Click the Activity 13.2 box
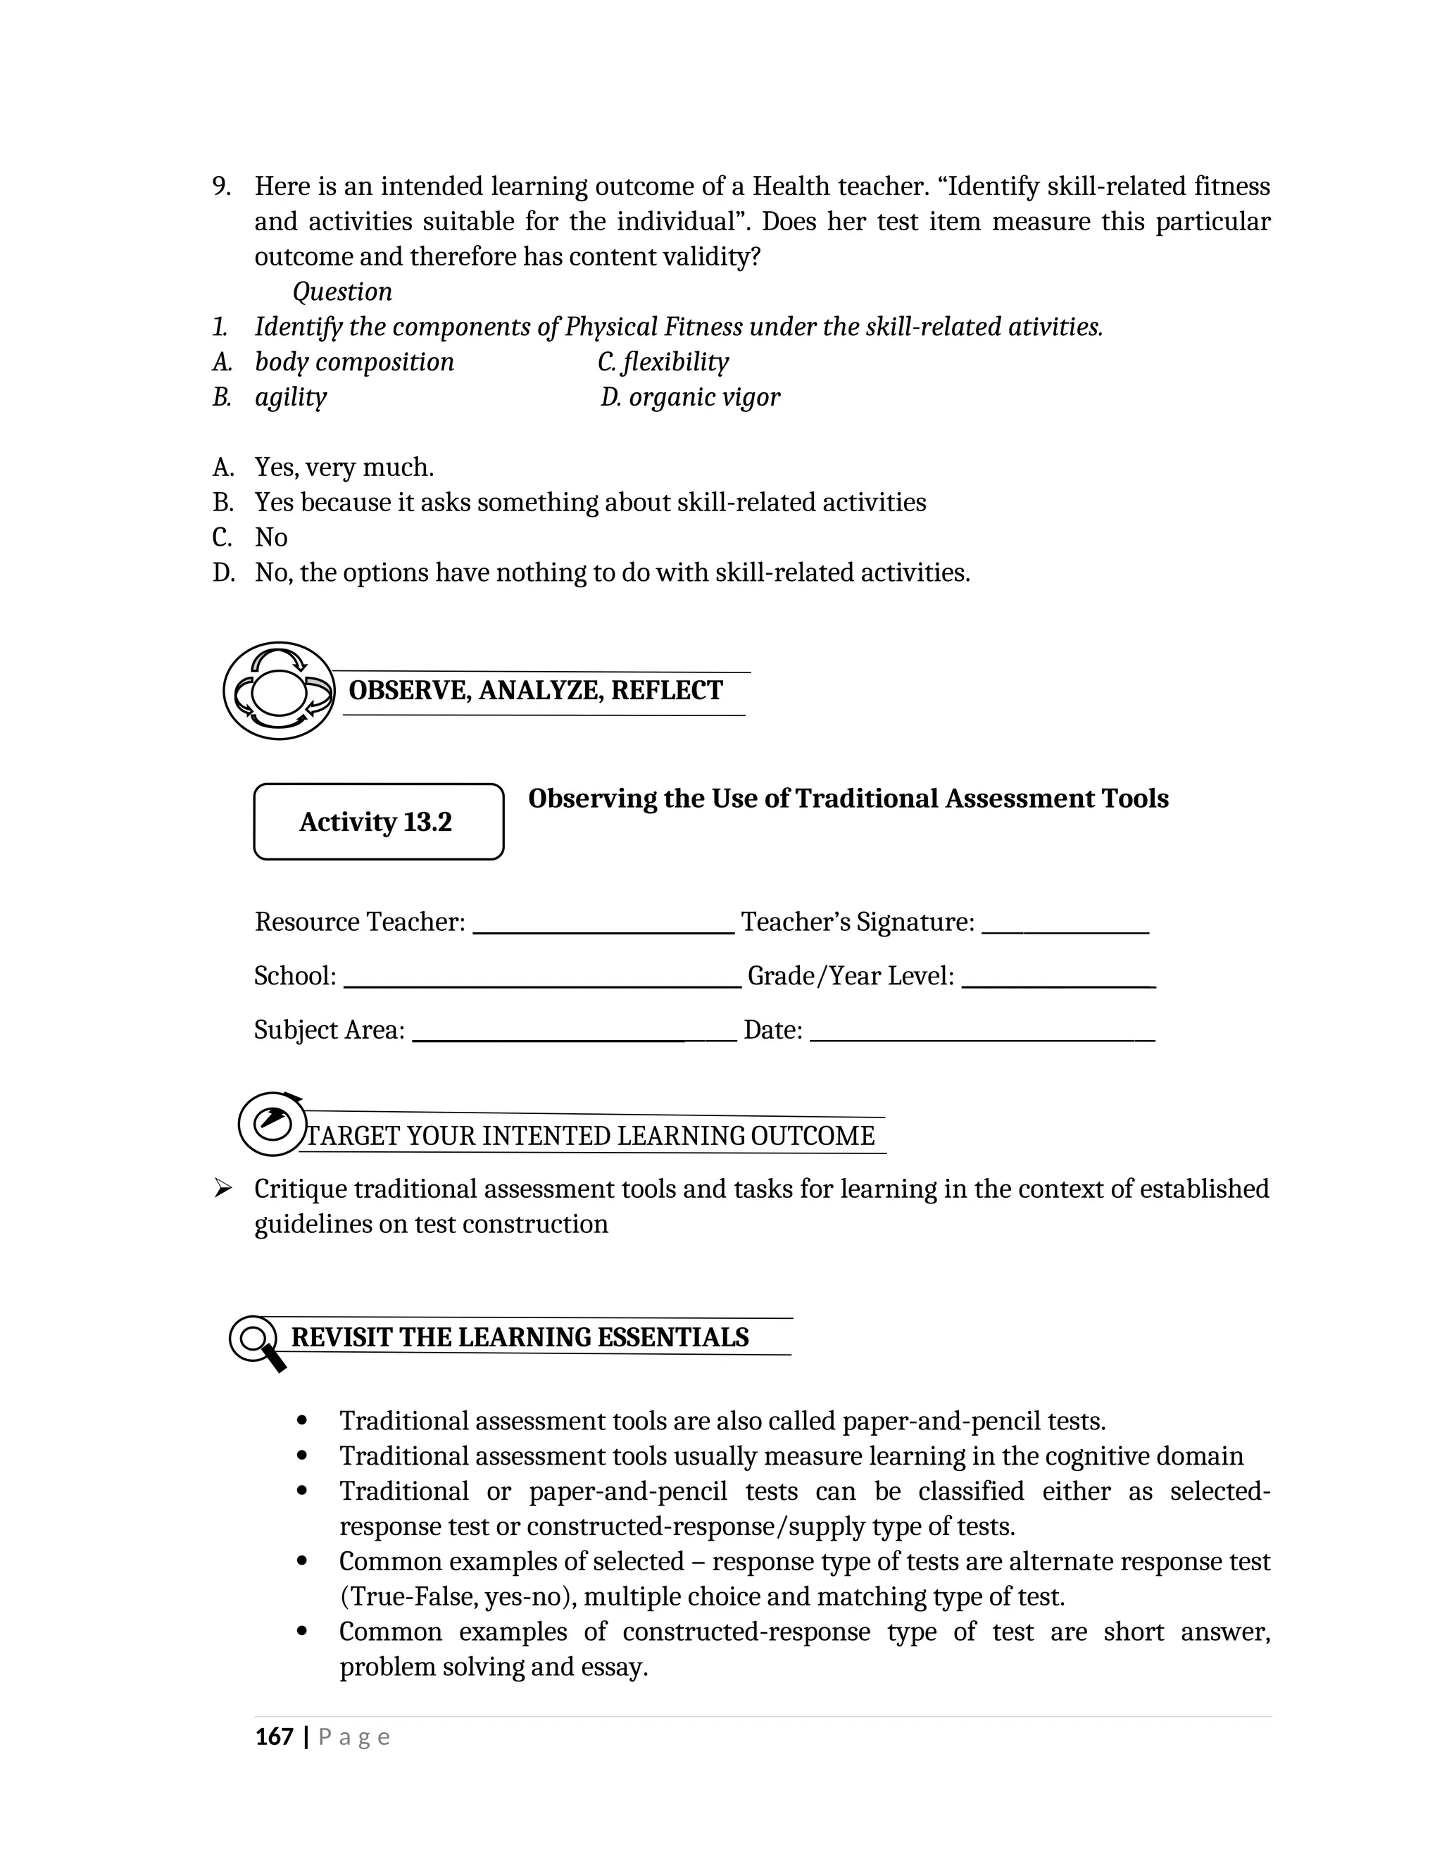tap(378, 821)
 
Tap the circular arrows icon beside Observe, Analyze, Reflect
tap(279, 690)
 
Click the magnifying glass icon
tap(256, 1341)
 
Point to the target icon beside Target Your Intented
tap(271, 1125)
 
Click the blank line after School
tap(541, 985)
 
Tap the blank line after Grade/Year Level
tap(1058, 985)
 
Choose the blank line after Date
tap(982, 1039)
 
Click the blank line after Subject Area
tap(574, 1039)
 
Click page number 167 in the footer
tap(274, 1737)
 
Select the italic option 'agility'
tap(291, 397)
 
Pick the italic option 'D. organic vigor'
tap(690, 397)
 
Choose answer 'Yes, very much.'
tap(344, 468)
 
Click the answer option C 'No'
tap(271, 537)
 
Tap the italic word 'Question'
tap(341, 292)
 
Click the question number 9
tap(221, 187)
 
